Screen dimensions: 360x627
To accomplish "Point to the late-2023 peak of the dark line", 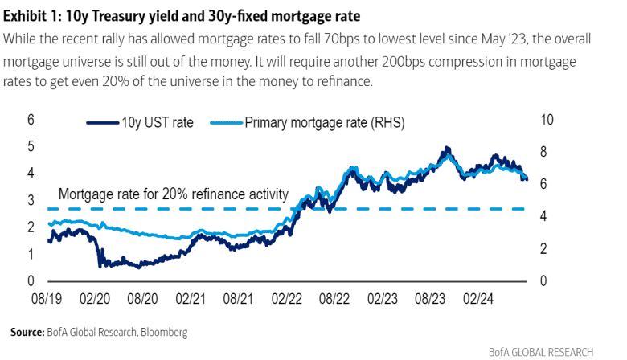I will click(445, 148).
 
